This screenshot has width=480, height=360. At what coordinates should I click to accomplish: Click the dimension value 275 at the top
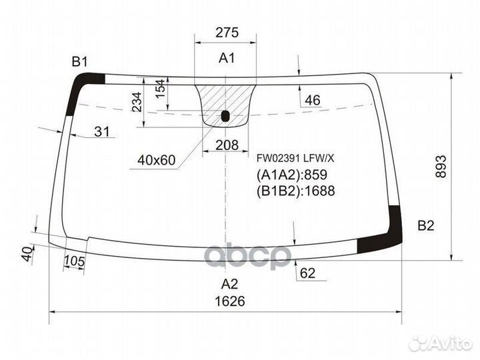pyautogui.click(x=227, y=33)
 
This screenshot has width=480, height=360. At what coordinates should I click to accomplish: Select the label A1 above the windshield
pyautogui.click(x=227, y=59)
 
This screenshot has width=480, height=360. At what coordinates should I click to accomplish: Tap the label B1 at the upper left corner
pyautogui.click(x=80, y=62)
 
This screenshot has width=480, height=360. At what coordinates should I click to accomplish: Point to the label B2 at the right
pyautogui.click(x=425, y=225)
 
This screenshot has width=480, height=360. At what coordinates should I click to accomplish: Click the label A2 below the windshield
pyautogui.click(x=229, y=281)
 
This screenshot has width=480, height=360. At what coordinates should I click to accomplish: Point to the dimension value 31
pyautogui.click(x=101, y=132)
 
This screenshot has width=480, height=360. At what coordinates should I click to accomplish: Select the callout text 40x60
pyautogui.click(x=156, y=160)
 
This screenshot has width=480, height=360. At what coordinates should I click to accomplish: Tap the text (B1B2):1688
pyautogui.click(x=295, y=191)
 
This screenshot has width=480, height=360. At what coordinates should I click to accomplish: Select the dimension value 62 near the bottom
pyautogui.click(x=307, y=272)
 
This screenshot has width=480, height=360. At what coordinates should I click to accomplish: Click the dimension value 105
pyautogui.click(x=75, y=262)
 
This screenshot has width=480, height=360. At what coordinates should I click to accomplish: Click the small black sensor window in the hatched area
pyautogui.click(x=225, y=117)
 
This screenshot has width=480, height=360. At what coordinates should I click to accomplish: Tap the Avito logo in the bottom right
pyautogui.click(x=440, y=343)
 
